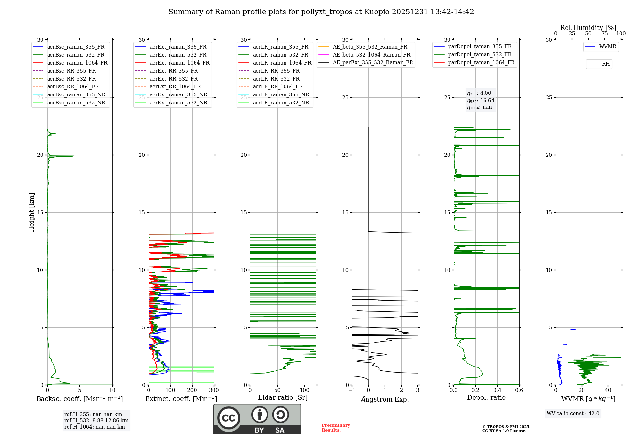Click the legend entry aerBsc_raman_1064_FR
click(77, 63)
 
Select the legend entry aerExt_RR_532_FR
click(174, 79)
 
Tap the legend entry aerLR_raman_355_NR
click(281, 95)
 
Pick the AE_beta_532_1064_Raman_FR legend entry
click(371, 55)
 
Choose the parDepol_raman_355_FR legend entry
click(480, 47)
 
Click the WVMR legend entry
click(608, 47)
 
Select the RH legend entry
click(606, 64)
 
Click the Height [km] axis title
click(32, 212)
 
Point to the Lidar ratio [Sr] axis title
click(283, 397)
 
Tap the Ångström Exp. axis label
click(385, 399)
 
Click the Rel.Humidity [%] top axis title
click(588, 28)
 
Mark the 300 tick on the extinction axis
click(214, 390)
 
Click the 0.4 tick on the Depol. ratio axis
click(497, 390)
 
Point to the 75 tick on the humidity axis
click(604, 34)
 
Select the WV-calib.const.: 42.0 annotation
click(573, 414)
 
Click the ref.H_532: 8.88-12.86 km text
click(96, 421)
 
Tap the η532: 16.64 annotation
click(481, 101)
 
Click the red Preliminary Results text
click(336, 428)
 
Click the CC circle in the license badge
click(229, 418)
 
